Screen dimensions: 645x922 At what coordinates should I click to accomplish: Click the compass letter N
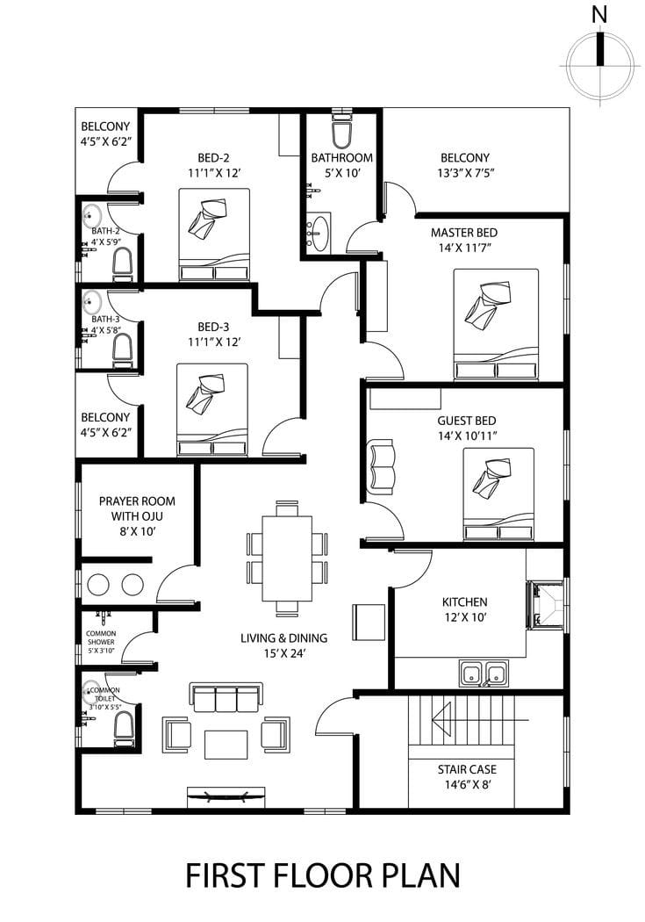pos(599,15)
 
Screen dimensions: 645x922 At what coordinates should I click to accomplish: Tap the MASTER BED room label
pos(464,233)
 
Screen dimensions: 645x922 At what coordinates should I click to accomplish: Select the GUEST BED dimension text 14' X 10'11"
pos(467,436)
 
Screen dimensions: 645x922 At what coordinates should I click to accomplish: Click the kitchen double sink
pos(484,673)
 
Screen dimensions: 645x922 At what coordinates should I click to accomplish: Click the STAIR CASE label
pos(467,769)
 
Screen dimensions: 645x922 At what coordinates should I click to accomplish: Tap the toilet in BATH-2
pos(122,263)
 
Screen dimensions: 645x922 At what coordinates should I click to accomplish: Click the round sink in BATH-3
pos(91,303)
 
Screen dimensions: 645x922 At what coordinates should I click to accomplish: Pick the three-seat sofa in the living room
pos(226,698)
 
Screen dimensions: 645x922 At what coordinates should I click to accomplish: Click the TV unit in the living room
pos(226,796)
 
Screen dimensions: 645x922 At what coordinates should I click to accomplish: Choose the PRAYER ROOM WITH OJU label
pos(137,508)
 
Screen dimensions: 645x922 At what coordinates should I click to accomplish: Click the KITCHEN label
pos(464,602)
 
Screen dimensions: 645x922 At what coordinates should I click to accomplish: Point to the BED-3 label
pos(213,327)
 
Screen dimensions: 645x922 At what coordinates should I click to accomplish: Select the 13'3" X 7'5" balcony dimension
pos(464,173)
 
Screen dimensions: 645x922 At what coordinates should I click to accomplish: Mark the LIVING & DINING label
pos(283,638)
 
